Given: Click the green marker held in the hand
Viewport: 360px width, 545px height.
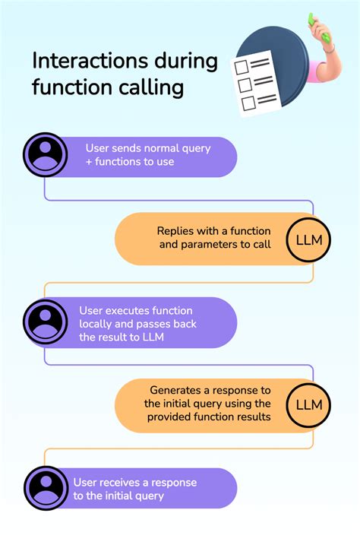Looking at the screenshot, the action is click(319, 28).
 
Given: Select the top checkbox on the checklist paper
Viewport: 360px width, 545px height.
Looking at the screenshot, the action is click(242, 67).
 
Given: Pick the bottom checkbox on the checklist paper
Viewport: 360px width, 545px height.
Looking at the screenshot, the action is click(248, 103).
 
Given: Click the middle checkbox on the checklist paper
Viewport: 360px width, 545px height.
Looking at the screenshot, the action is click(245, 85).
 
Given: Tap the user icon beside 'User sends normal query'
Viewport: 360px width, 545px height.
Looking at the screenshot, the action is click(45, 154).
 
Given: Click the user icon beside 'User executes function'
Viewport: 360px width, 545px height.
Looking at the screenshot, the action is click(45, 322).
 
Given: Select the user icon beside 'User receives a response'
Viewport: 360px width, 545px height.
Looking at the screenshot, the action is click(46, 488).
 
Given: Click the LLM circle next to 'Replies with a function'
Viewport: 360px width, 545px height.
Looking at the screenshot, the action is click(308, 240).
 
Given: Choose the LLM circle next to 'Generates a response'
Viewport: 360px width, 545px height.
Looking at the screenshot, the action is click(308, 405).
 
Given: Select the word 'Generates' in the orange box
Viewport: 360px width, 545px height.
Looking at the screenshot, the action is click(175, 391).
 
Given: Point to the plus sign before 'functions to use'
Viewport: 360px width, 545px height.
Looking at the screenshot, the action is click(89, 162).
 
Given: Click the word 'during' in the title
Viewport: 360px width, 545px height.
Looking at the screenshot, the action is click(186, 62).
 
